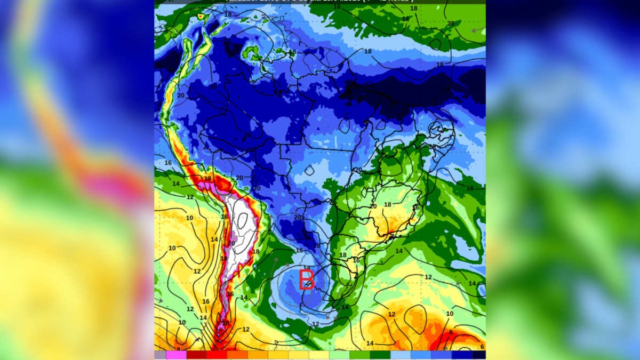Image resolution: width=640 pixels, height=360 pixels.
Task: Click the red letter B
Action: pos(306,279)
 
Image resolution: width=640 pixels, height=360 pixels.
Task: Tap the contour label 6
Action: pos(482,347)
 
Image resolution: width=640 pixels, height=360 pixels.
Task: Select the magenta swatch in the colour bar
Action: pos(176,355)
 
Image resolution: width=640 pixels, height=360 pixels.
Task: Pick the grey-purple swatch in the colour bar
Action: pos(160,355)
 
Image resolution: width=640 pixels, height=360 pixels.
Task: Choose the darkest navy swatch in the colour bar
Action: pos(478,355)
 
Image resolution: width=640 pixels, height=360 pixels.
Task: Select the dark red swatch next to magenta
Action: pos(196,355)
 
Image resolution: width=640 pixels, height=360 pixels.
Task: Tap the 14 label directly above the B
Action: pos(306,268)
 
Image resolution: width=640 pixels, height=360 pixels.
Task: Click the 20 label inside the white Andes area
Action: pos(231,243)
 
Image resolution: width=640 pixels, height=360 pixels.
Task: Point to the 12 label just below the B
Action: pos(315,324)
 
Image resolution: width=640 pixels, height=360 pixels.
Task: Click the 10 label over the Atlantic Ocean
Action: pos(450,314)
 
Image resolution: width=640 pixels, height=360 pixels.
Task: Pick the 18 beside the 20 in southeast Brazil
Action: pos(387,205)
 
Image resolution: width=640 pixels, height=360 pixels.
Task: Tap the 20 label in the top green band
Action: pos(451,23)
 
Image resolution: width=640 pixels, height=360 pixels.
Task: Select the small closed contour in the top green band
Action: pos(436,44)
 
